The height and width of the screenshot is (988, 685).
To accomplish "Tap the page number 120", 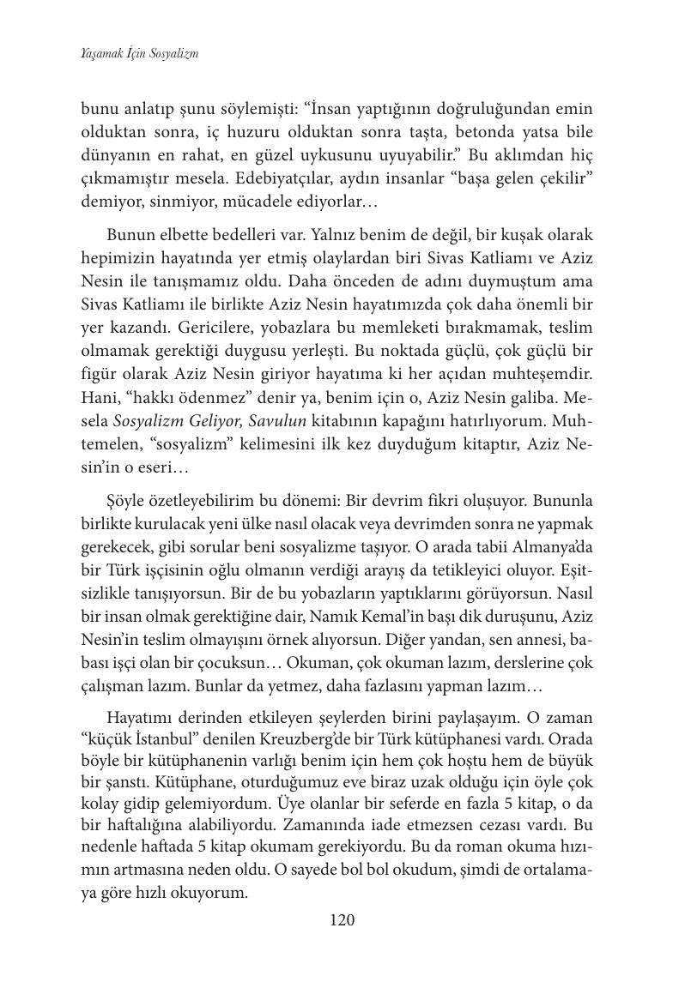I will [x=342, y=920].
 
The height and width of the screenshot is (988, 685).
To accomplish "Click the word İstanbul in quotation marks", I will [x=161, y=737].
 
